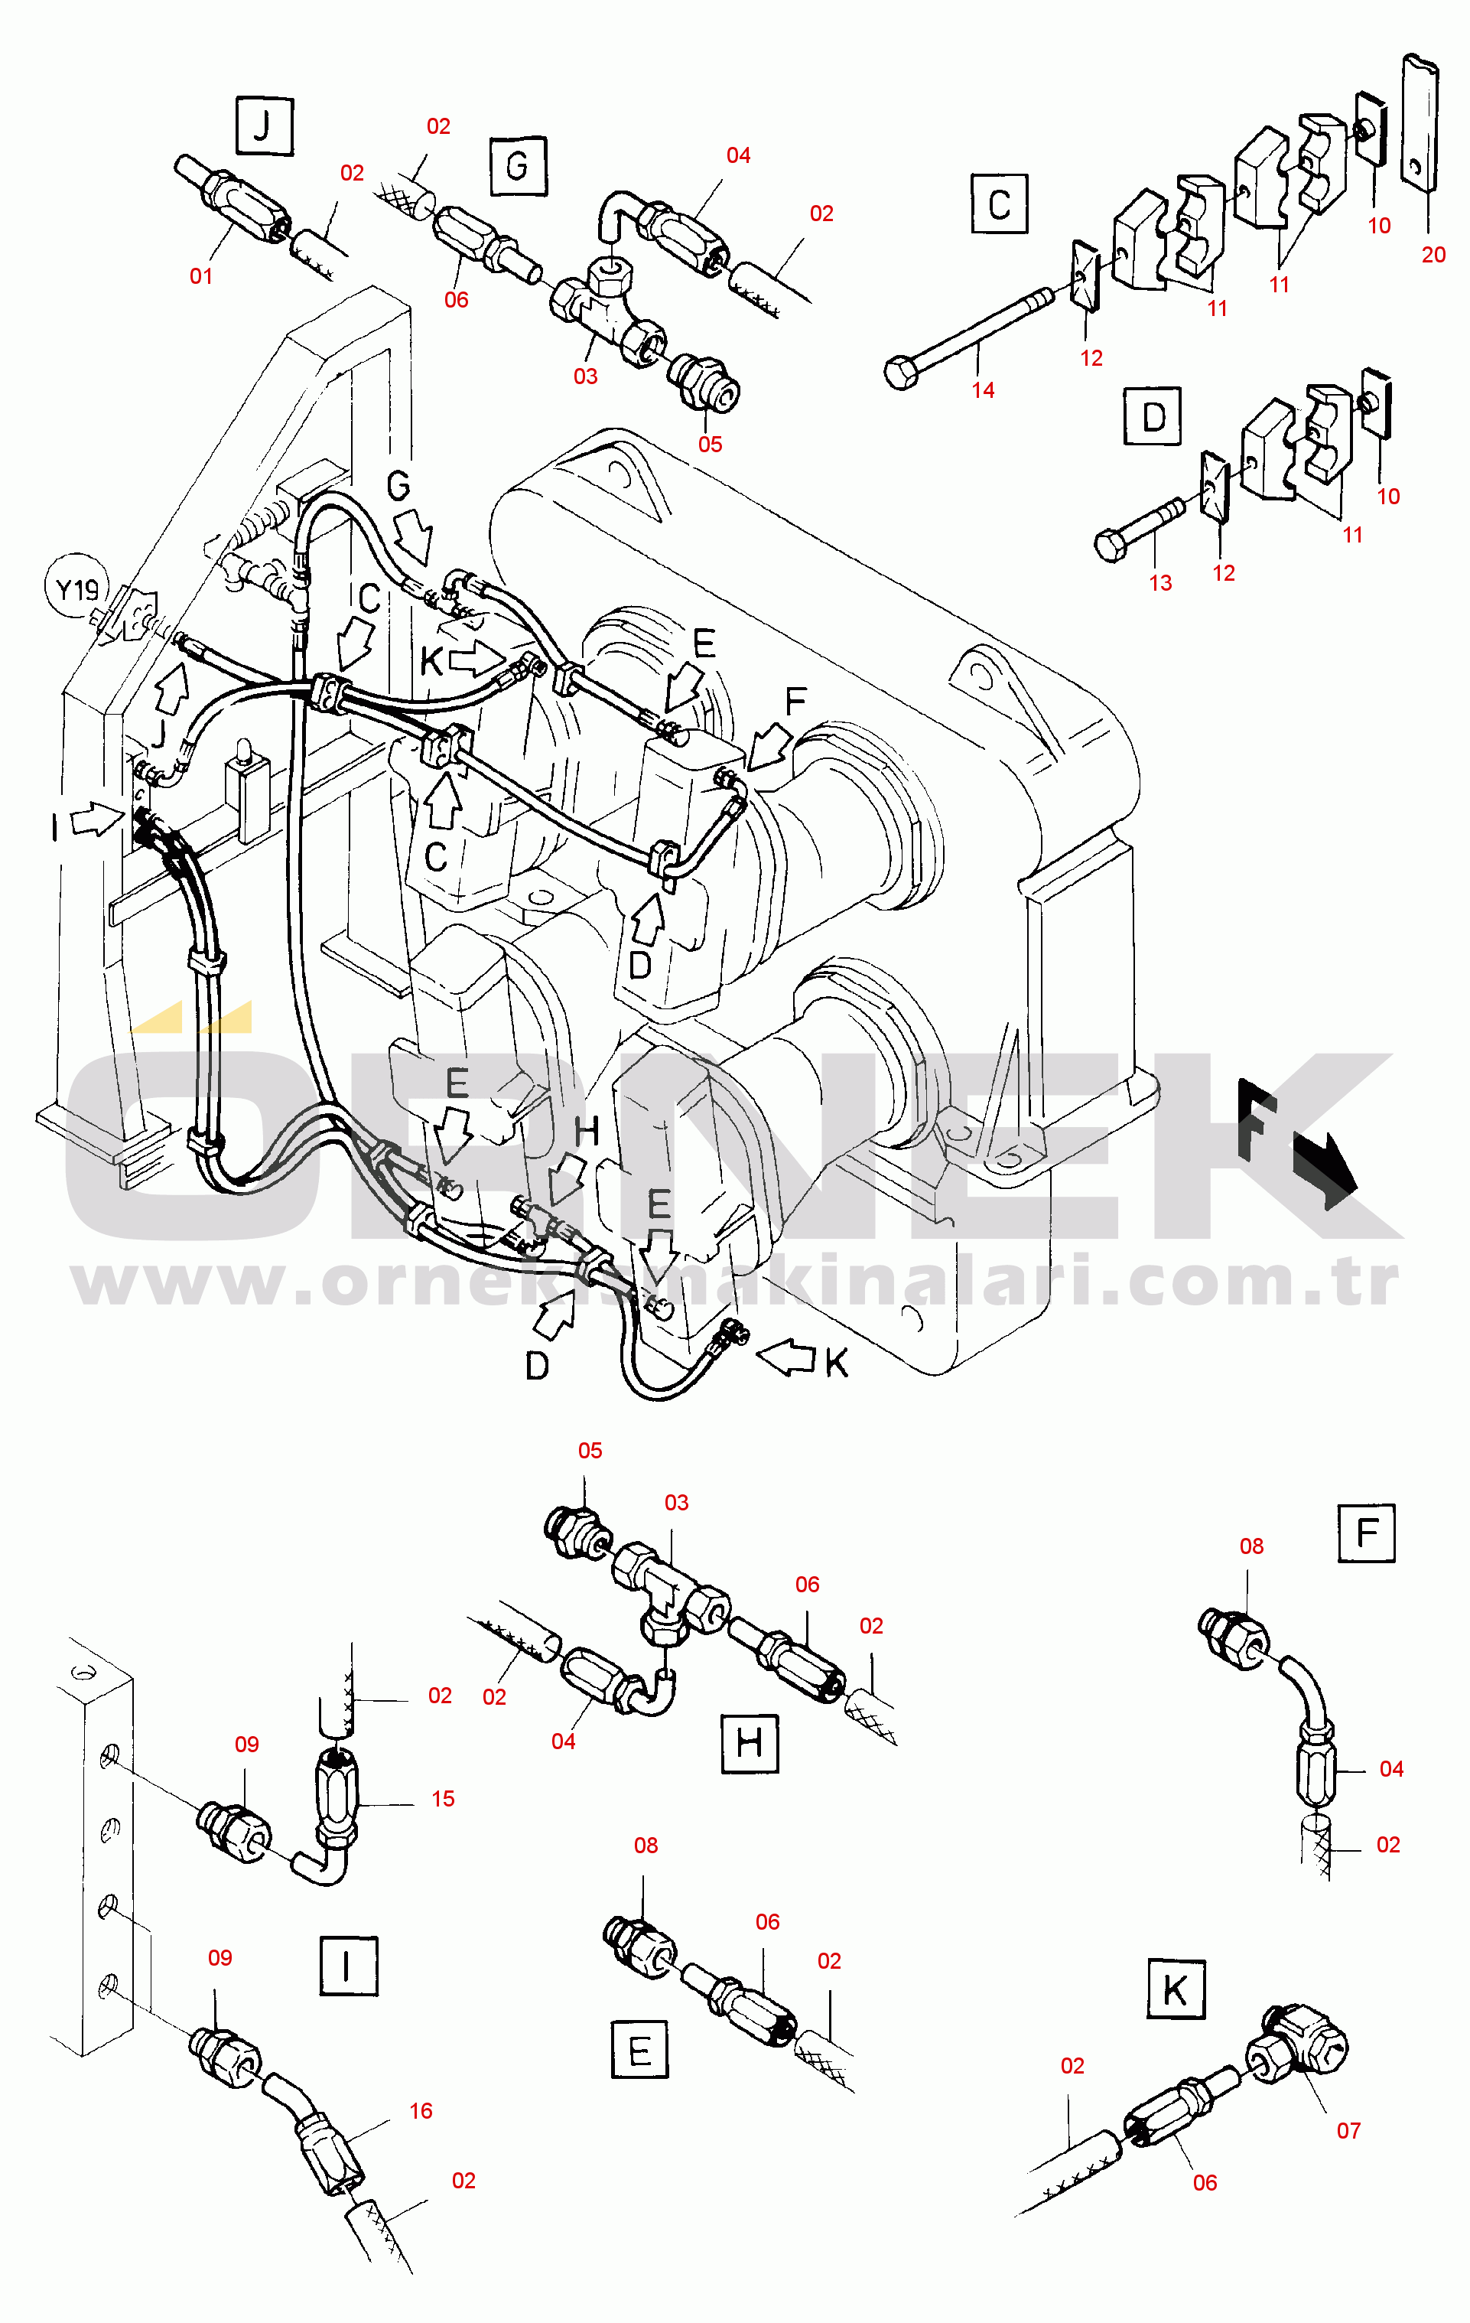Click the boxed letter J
pyautogui.click(x=263, y=125)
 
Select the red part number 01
pyautogui.click(x=200, y=276)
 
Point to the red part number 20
pyautogui.click(x=1433, y=255)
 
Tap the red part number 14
pyautogui.click(x=983, y=389)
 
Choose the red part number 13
pyautogui.click(x=1160, y=583)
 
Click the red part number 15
pyautogui.click(x=443, y=1798)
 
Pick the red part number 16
pyautogui.click(x=421, y=2111)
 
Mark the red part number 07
pyautogui.click(x=1348, y=2130)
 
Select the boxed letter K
pyautogui.click(x=1176, y=1989)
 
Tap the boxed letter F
pyautogui.click(x=1367, y=1533)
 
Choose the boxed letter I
pyautogui.click(x=348, y=1965)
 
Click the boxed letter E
pyautogui.click(x=639, y=2049)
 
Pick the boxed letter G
pyautogui.click(x=518, y=166)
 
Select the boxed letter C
pyautogui.click(x=1000, y=204)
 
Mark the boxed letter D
pyautogui.click(x=1153, y=415)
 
